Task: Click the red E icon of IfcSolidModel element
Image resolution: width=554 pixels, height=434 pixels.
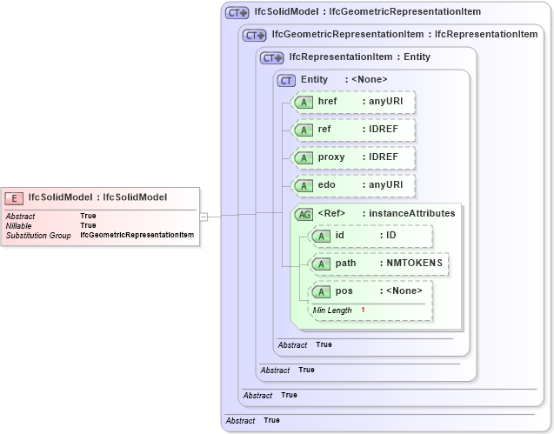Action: pyautogui.click(x=15, y=197)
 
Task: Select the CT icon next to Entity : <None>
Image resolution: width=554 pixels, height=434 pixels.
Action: pyautogui.click(x=286, y=80)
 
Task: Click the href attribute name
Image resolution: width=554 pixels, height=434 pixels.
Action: pyautogui.click(x=328, y=102)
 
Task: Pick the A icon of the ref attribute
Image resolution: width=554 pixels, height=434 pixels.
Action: pyautogui.click(x=303, y=130)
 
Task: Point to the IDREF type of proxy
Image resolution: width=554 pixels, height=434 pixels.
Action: pyautogui.click(x=384, y=157)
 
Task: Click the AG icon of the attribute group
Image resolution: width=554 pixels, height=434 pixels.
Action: pyautogui.click(x=304, y=214)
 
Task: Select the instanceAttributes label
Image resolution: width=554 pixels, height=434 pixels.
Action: pyautogui.click(x=411, y=213)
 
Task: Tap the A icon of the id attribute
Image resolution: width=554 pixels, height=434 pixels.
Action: pyautogui.click(x=321, y=236)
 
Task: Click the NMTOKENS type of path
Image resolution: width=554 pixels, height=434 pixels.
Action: pyautogui.click(x=414, y=263)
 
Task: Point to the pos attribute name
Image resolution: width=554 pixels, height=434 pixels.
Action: pyautogui.click(x=344, y=290)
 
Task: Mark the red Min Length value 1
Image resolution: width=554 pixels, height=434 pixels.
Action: pyautogui.click(x=363, y=310)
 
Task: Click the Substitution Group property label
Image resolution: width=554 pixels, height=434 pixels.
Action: pyautogui.click(x=38, y=235)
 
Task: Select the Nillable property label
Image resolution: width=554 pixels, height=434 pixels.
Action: pyautogui.click(x=20, y=225)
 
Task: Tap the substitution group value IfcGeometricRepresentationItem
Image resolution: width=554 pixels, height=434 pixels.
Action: pyautogui.click(x=137, y=235)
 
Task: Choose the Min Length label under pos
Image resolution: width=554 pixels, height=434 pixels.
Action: pyautogui.click(x=332, y=310)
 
